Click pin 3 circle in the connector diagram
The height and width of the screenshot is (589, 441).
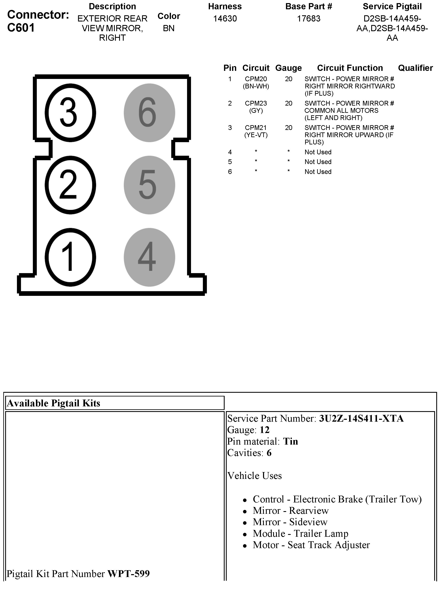[x=70, y=113]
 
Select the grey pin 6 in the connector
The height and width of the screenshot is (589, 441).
[x=149, y=113]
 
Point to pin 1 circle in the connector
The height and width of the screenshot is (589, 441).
[x=70, y=257]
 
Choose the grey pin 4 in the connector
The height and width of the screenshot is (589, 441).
[x=149, y=257]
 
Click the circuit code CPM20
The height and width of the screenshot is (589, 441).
[x=256, y=79]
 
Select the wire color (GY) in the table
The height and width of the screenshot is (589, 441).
[x=256, y=111]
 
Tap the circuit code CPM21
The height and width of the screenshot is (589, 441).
[x=256, y=128]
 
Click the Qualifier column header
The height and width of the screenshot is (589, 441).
[x=415, y=68]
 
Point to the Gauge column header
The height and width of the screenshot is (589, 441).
[x=288, y=68]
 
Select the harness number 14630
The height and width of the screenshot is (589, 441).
[x=225, y=19]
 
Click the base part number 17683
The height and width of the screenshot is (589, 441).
[x=309, y=19]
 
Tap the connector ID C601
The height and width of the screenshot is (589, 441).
[x=21, y=28]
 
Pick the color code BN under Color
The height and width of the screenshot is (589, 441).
[x=169, y=28]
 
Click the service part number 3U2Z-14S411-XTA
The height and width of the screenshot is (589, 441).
[x=361, y=419]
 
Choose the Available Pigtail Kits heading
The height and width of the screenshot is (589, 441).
[x=53, y=403]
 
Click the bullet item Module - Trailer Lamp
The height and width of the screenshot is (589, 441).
[x=300, y=533]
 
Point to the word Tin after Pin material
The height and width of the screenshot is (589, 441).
[x=290, y=441]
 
